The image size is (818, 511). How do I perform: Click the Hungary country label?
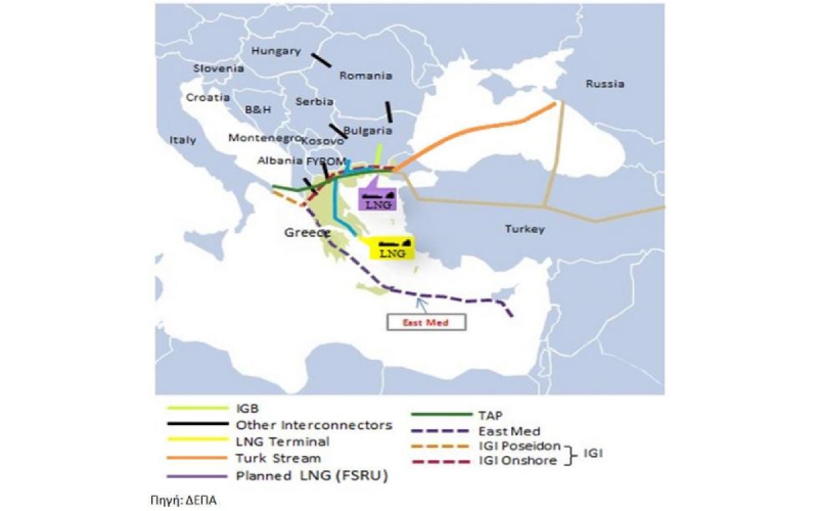pos(276,51)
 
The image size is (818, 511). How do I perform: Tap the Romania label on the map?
pos(365,76)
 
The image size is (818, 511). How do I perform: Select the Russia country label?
pos(605,84)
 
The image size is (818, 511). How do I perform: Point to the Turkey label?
pos(524,229)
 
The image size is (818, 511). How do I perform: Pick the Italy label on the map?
pos(183,140)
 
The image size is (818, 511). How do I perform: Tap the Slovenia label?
pos(218,68)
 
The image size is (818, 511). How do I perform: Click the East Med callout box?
pos(427,322)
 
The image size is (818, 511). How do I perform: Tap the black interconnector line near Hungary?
pos(321,60)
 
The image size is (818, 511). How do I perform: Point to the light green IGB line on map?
pos(379,154)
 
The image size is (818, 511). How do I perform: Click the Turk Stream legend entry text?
pos(277,459)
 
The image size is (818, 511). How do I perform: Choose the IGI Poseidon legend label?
pos(520,446)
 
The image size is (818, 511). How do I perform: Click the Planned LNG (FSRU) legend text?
pos(311,476)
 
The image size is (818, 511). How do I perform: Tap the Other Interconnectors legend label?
pos(314,425)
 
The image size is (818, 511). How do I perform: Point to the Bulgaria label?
pos(369,130)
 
